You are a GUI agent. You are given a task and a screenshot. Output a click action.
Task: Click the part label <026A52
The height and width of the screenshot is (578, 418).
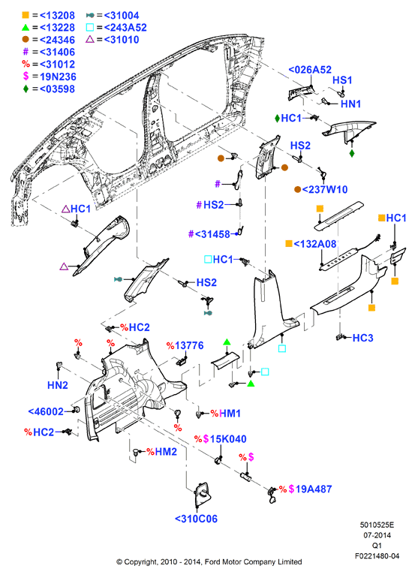click(310, 70)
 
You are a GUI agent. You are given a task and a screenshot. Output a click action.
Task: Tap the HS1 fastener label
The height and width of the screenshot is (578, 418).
click(342, 80)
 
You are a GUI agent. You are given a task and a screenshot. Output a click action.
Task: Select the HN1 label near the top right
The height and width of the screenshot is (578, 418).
click(350, 104)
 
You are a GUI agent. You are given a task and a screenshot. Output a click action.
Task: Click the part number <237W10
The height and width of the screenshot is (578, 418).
click(325, 189)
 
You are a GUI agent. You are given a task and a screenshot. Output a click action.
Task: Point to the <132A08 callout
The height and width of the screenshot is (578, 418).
click(315, 244)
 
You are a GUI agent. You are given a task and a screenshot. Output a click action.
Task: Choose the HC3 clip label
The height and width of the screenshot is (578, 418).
click(362, 338)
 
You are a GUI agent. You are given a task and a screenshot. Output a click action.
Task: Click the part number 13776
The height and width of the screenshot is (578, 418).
click(189, 346)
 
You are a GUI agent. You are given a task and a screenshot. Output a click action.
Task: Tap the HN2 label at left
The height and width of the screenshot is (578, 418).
click(58, 385)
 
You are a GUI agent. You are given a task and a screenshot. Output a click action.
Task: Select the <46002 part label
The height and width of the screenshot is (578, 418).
click(46, 411)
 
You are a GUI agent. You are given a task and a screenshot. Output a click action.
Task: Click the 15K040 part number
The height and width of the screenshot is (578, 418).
click(228, 439)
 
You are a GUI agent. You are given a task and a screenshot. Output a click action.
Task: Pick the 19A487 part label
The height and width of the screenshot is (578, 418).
click(314, 489)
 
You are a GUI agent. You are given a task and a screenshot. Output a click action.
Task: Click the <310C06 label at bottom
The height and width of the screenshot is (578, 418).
click(196, 519)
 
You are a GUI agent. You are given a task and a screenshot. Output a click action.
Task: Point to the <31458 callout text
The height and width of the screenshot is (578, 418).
click(212, 234)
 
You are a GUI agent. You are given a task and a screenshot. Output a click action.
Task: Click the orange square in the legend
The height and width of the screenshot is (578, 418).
click(26, 15)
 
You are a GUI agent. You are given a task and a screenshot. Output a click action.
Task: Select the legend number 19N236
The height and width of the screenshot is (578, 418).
click(58, 77)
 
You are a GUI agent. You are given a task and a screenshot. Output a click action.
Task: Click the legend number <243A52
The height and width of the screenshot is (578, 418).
click(125, 28)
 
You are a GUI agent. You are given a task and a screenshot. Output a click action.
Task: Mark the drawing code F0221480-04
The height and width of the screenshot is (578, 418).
click(377, 556)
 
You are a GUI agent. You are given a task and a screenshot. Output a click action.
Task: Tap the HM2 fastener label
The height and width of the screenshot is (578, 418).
click(166, 452)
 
